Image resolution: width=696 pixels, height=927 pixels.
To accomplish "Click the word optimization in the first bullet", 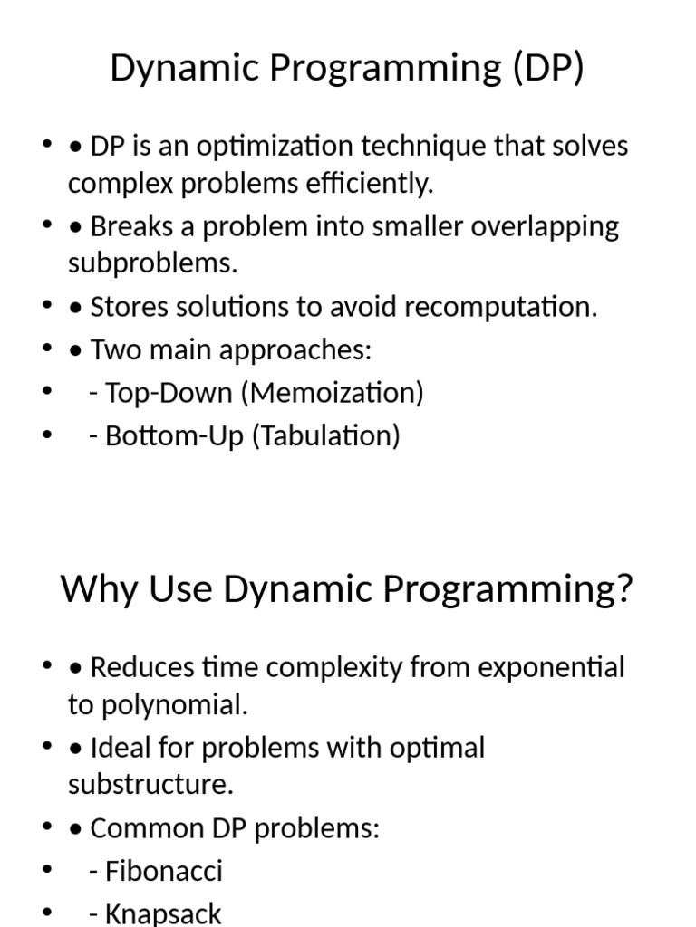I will (x=273, y=146).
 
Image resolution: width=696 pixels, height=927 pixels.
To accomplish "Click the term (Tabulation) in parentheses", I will (x=325, y=435).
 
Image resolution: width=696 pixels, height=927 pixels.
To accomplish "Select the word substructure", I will (x=150, y=785).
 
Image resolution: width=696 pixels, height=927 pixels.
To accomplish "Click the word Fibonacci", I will (x=164, y=871).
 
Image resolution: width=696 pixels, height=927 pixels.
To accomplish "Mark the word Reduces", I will (x=143, y=667).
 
